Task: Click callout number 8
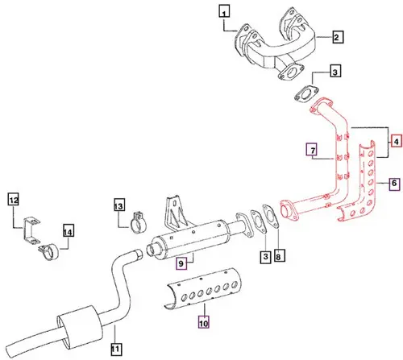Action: point(279,257)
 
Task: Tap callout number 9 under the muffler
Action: point(181,262)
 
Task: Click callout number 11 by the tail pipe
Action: point(115,348)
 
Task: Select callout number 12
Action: point(13,199)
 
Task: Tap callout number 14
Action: point(68,232)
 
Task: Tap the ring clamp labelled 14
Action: point(49,250)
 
